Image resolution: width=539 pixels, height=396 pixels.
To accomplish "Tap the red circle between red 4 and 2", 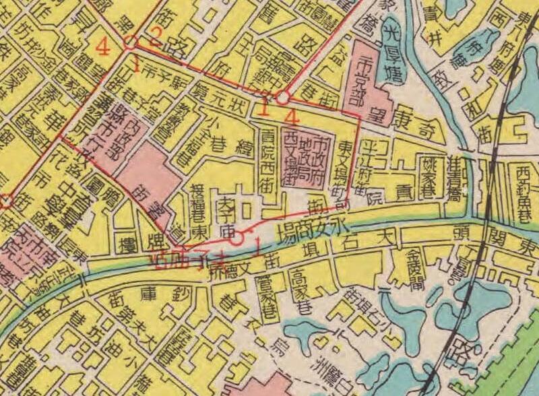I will coord(131,42).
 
